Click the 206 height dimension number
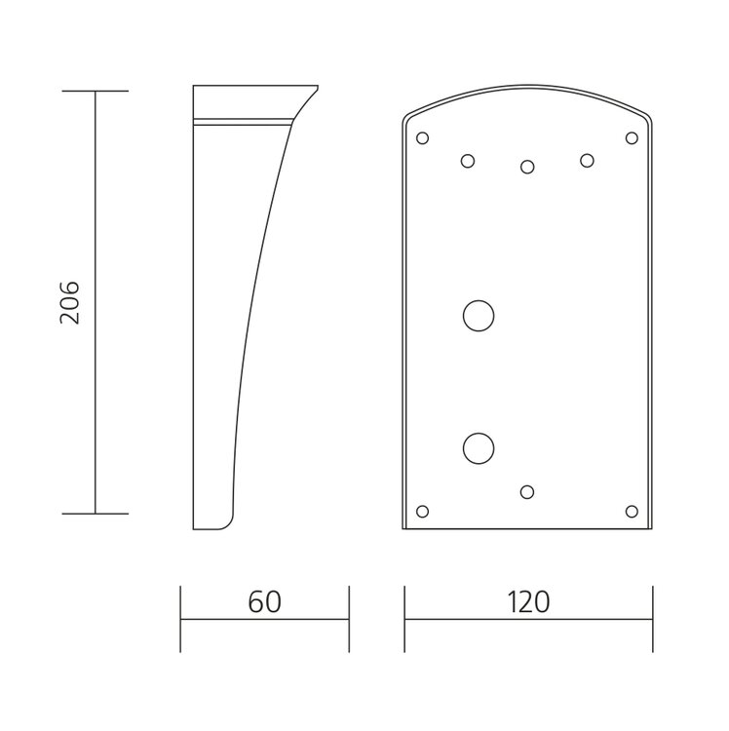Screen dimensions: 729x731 point(70,302)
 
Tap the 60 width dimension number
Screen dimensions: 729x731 point(264,602)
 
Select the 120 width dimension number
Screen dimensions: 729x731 point(528,602)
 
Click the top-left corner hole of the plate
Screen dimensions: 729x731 point(422,138)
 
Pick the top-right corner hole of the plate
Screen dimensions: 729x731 point(632,138)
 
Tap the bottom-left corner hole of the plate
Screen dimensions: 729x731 point(422,512)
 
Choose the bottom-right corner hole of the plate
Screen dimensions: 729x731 point(632,512)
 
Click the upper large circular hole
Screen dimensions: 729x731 point(479,316)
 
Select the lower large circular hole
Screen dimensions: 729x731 point(479,448)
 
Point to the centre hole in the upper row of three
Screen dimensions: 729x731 point(527,167)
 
